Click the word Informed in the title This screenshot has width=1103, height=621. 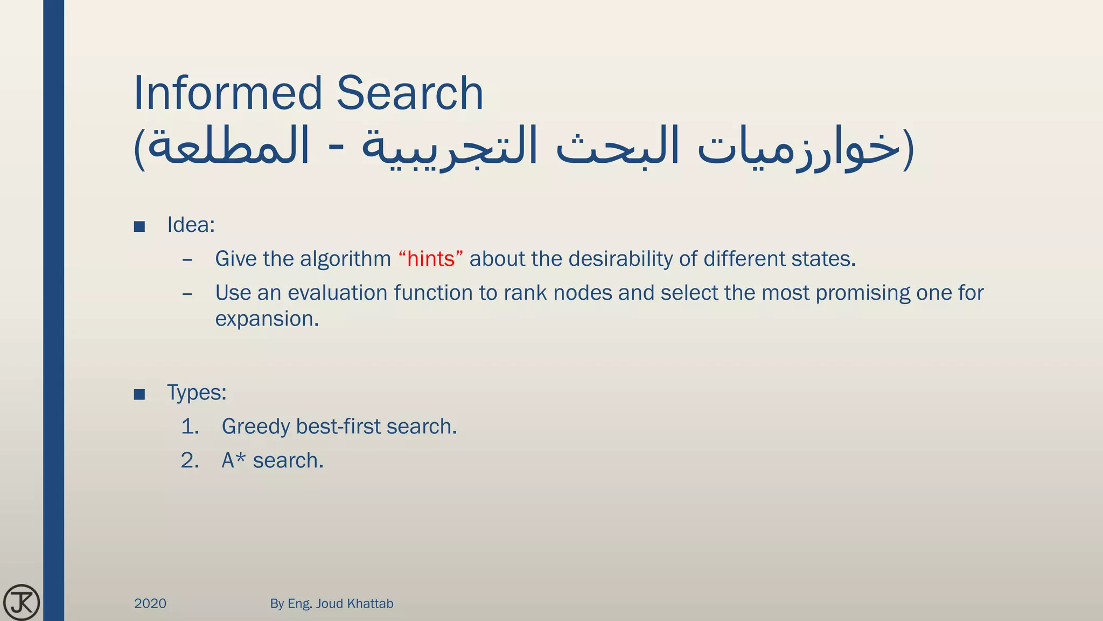click(x=227, y=93)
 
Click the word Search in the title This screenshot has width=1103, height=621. click(x=410, y=93)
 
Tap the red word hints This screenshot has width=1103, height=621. click(x=431, y=259)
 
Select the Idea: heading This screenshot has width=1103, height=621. click(x=191, y=225)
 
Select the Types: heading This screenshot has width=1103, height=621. click(x=197, y=392)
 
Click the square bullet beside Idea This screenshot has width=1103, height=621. click(x=139, y=226)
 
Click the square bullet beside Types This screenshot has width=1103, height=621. click(x=139, y=395)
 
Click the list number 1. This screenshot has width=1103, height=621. click(x=190, y=426)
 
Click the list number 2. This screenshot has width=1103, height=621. click(x=190, y=460)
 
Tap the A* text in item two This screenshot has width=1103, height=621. click(x=234, y=460)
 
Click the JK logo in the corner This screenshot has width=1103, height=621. click(x=22, y=602)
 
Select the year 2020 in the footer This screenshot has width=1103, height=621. click(x=150, y=603)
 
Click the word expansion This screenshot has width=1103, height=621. click(x=267, y=319)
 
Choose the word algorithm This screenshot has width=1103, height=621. click(x=345, y=259)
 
